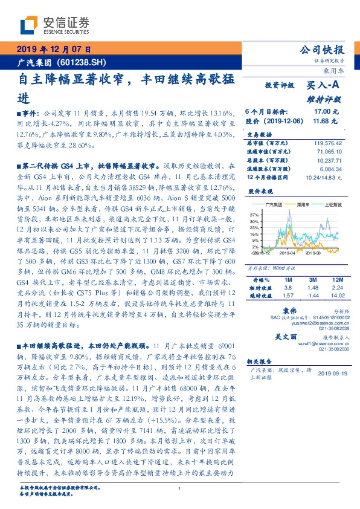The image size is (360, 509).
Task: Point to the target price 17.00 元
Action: (x=324, y=112)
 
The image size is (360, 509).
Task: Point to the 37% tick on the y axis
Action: (x=254, y=214)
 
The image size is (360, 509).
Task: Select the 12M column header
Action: (x=337, y=279)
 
